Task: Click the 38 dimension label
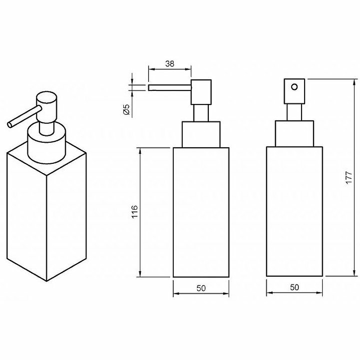click(170, 63)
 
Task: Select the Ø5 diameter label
click(126, 109)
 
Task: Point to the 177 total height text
click(349, 177)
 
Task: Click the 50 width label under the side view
click(201, 288)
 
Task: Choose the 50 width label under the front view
click(295, 287)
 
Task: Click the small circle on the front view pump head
click(294, 87)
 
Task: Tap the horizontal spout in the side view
click(170, 88)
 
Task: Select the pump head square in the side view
click(201, 92)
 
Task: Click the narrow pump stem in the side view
click(201, 113)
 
